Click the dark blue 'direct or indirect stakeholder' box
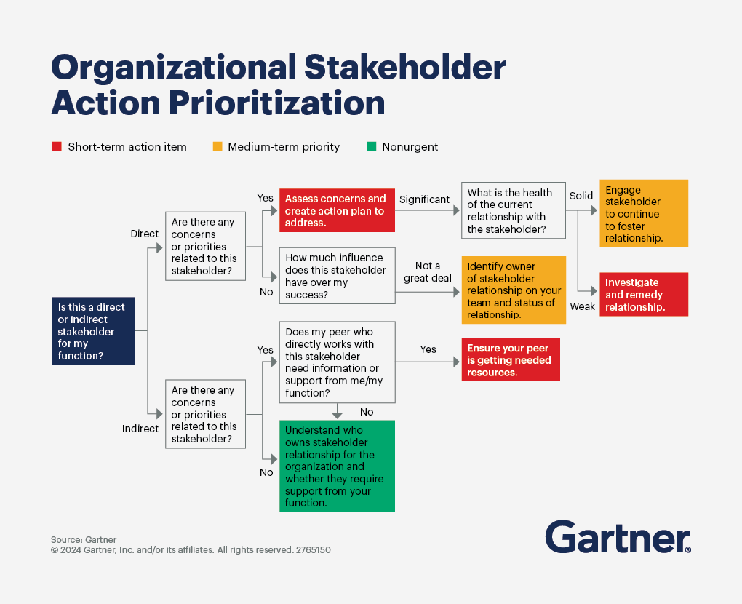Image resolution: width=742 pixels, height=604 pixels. pyautogui.click(x=94, y=331)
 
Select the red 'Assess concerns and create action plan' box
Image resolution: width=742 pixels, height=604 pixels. pyautogui.click(x=337, y=210)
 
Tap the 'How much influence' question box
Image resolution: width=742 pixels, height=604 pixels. pyautogui.click(x=337, y=276)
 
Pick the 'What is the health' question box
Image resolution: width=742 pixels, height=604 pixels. pyautogui.click(x=514, y=210)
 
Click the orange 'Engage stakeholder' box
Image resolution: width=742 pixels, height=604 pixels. pyautogui.click(x=644, y=213)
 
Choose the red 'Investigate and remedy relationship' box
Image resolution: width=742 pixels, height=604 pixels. pyautogui.click(x=644, y=295)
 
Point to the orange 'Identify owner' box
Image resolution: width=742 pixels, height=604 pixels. pyautogui.click(x=514, y=290)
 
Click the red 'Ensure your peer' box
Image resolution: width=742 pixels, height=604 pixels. pyautogui.click(x=511, y=359)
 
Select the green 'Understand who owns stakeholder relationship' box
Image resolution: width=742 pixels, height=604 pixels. pyautogui.click(x=337, y=466)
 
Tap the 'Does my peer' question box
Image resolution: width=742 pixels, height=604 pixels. pyautogui.click(x=337, y=362)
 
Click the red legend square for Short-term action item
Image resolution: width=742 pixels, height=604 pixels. pyautogui.click(x=57, y=147)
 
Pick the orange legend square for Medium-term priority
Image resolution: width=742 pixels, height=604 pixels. pyautogui.click(x=218, y=147)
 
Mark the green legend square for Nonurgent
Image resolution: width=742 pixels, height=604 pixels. pyautogui.click(x=372, y=147)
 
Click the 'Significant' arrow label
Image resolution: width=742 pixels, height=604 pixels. pyautogui.click(x=424, y=199)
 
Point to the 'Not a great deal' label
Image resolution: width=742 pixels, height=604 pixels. pyautogui.click(x=427, y=272)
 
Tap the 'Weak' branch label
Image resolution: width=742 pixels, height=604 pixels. pyautogui.click(x=582, y=307)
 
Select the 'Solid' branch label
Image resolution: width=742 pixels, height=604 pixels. pyautogui.click(x=581, y=196)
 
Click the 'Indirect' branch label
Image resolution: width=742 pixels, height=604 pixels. pyautogui.click(x=140, y=429)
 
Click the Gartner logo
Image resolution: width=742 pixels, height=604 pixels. pyautogui.click(x=618, y=537)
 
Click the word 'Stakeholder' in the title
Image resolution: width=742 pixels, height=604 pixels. pyautogui.click(x=405, y=67)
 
